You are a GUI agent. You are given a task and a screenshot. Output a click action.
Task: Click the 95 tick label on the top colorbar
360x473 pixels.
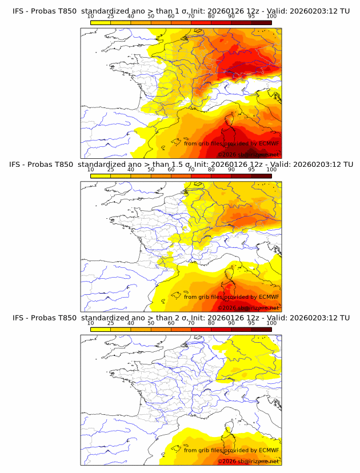(251, 16)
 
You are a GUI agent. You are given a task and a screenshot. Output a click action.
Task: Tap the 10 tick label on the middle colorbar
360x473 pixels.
(90, 169)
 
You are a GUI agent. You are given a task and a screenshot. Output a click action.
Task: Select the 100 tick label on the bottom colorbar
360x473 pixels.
(271, 323)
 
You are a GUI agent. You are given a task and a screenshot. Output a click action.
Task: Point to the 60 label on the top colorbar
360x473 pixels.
(171, 16)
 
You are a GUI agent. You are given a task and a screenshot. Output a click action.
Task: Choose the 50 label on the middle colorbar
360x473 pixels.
(151, 169)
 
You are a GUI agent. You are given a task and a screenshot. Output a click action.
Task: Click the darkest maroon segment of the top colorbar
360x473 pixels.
(261, 22)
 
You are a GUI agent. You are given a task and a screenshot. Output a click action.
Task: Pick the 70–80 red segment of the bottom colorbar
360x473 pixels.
(201, 329)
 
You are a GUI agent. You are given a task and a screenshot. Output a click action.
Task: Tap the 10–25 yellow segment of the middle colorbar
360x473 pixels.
(101, 175)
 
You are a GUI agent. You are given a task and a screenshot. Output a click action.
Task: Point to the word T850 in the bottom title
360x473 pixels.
(66, 318)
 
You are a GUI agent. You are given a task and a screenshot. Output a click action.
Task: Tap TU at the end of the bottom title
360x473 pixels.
(345, 318)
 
